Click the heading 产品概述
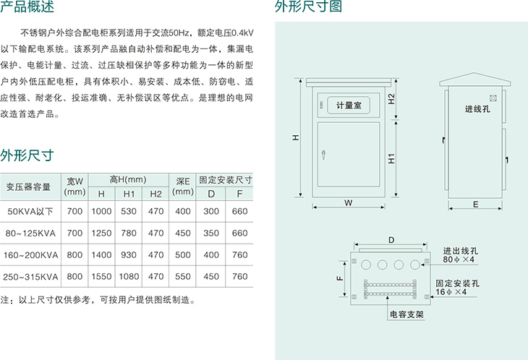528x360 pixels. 27,7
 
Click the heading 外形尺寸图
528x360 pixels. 308,7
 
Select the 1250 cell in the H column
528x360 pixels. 101,233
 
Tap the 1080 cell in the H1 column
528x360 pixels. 129,277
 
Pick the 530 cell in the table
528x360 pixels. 129,211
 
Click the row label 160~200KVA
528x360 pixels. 30,255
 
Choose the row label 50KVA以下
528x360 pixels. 30,211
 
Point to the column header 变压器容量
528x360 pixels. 28,187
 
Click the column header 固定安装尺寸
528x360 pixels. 225,180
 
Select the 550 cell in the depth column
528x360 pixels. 183,277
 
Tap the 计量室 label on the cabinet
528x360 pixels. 349,106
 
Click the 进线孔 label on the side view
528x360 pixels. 477,108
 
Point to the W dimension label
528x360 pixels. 348,203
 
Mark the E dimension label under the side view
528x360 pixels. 475,205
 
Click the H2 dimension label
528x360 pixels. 391,99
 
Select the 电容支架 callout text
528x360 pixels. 406,314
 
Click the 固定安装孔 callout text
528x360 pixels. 457,283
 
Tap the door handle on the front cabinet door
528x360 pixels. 323,155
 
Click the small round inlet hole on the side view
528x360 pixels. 493,98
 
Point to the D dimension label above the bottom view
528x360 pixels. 391,240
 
